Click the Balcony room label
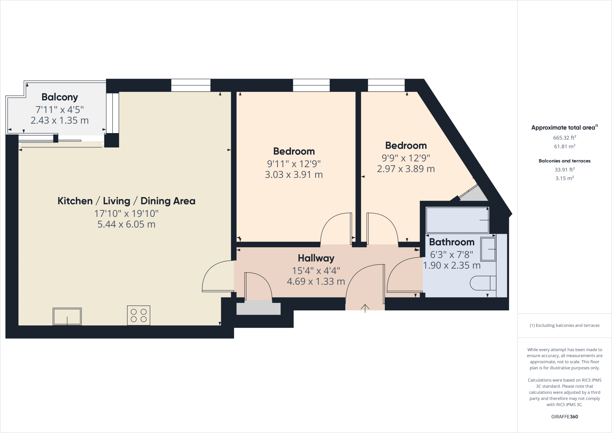tap(60, 97)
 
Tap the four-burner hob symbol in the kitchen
tap(139, 315)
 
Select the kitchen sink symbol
tap(67, 316)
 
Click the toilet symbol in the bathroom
tap(483, 283)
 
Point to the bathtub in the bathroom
tap(457, 220)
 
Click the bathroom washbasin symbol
tap(488, 249)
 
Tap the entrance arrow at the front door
tap(365, 308)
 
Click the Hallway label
tap(316, 258)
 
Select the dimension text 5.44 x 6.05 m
tap(126, 224)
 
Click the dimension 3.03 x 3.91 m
tap(294, 175)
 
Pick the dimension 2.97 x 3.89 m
tap(406, 169)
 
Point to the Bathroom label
tap(452, 242)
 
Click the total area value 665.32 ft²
tap(564, 138)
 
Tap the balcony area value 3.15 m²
tap(564, 178)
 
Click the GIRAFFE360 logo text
tap(564, 417)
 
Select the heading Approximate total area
tap(564, 128)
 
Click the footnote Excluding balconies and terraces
tap(564, 325)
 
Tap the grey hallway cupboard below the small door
tap(258, 309)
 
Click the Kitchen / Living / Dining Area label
tap(126, 201)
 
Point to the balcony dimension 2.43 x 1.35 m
tap(60, 121)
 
